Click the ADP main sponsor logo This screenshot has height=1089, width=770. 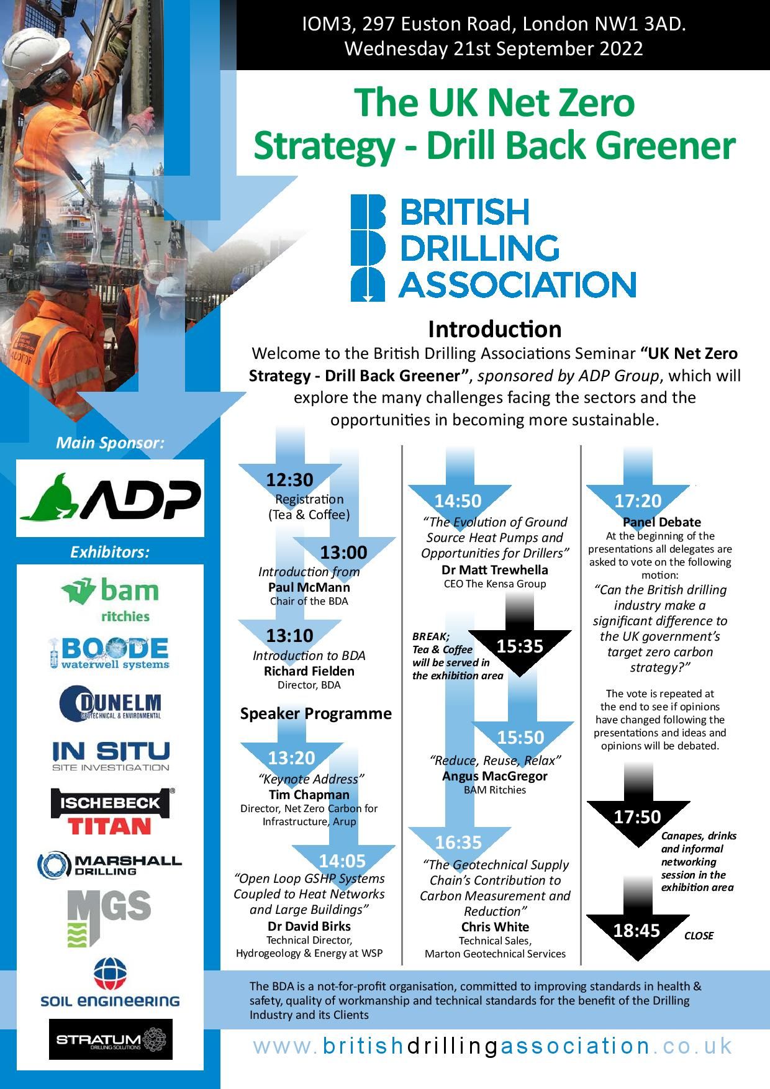[110, 498]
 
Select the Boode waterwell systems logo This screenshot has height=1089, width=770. [109, 653]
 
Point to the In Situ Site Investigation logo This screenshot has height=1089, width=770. [111, 755]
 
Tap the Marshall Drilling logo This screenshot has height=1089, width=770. [110, 864]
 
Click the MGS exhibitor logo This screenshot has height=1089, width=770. [109, 916]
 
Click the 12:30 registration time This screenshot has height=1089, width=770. [289, 480]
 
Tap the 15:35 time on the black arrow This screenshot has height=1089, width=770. [520, 646]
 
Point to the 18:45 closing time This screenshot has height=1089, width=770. [636, 930]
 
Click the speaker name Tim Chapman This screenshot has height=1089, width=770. [309, 795]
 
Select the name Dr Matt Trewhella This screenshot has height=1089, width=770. [494, 569]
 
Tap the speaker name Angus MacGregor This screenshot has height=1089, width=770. [494, 776]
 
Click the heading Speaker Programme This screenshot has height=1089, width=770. [315, 713]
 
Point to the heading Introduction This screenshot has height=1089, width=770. [494, 328]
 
